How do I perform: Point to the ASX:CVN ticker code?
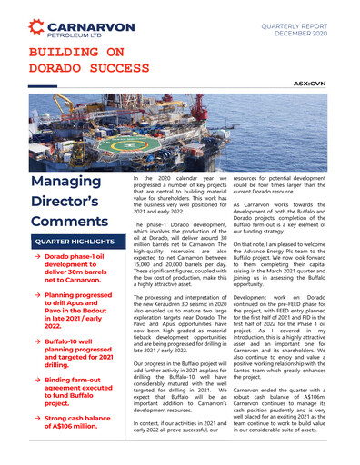click(x=311, y=82)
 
